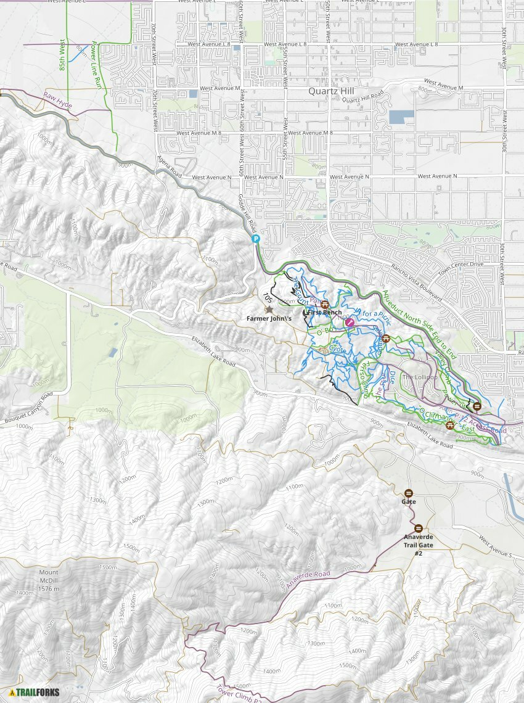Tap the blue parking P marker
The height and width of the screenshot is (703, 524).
coord(255,240)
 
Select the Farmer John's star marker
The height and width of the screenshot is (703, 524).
coord(269,309)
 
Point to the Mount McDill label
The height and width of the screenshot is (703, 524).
coord(47,577)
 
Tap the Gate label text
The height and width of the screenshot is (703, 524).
coord(409,502)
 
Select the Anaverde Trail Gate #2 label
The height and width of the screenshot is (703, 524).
coord(418,545)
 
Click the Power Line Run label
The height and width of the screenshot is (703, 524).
coord(97,65)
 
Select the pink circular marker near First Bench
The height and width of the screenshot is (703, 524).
coord(350,322)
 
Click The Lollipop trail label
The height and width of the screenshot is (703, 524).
coord(420,377)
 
